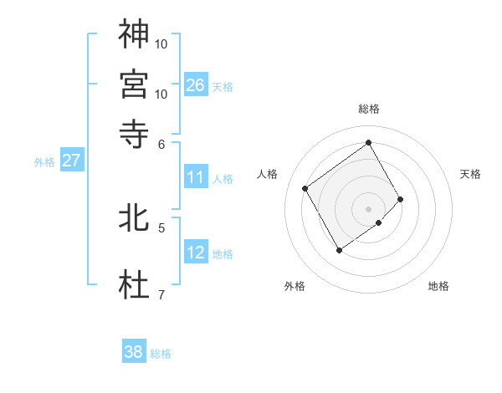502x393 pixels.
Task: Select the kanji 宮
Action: (134, 84)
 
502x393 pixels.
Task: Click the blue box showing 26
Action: (196, 85)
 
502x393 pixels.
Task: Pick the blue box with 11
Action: (196, 177)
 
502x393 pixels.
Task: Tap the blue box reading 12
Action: (196, 253)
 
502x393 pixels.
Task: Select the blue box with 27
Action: (71, 161)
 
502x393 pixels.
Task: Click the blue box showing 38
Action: (134, 352)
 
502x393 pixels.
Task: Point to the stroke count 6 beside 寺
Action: (161, 143)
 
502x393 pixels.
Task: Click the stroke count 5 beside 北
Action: (161, 227)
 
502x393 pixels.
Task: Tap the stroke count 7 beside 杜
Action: (161, 293)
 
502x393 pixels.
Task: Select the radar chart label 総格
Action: (369, 109)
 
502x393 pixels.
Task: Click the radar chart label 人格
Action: (268, 174)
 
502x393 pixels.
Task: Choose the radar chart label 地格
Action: (438, 286)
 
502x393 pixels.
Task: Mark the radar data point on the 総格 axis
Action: (369, 142)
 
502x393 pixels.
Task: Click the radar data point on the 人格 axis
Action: (305, 188)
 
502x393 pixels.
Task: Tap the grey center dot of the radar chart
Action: (369, 208)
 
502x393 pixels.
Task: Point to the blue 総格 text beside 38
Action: (161, 354)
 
